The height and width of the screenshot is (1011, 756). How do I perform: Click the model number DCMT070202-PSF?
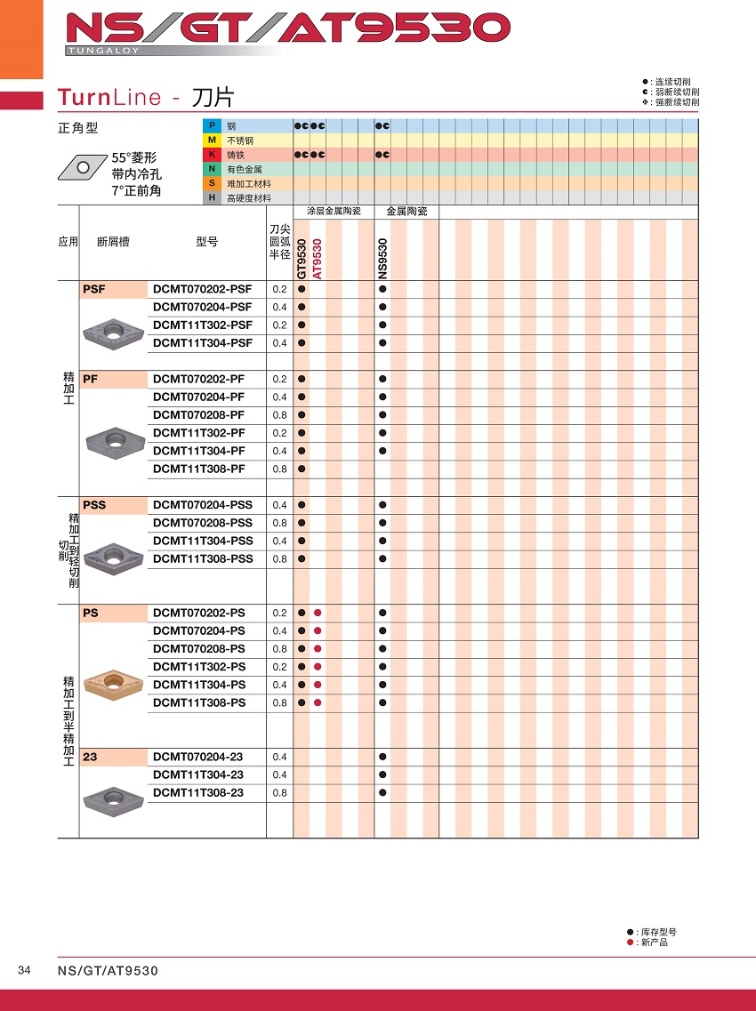click(x=202, y=289)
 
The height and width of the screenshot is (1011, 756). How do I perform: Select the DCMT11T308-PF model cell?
click(x=198, y=469)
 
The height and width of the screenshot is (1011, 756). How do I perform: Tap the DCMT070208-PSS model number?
click(x=203, y=523)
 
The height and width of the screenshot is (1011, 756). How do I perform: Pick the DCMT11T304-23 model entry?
click(x=197, y=774)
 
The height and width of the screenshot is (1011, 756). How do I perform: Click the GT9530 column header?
click(x=302, y=260)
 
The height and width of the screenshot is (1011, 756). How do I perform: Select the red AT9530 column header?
click(x=317, y=260)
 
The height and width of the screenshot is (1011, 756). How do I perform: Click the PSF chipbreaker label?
click(x=93, y=289)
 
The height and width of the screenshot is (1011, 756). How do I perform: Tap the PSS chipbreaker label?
click(x=94, y=505)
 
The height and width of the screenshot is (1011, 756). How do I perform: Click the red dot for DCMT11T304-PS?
click(x=318, y=685)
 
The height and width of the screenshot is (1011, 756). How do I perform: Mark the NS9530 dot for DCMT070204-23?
click(x=382, y=757)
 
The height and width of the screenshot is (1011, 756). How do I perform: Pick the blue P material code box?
click(x=212, y=126)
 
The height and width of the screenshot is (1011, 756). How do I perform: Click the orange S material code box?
click(x=212, y=183)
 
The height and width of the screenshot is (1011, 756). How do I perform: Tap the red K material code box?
click(x=212, y=155)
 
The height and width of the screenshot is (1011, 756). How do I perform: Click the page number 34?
click(x=24, y=970)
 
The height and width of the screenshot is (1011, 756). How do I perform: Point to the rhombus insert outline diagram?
click(x=84, y=165)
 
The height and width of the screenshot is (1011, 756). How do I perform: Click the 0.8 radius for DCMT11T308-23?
click(x=279, y=792)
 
